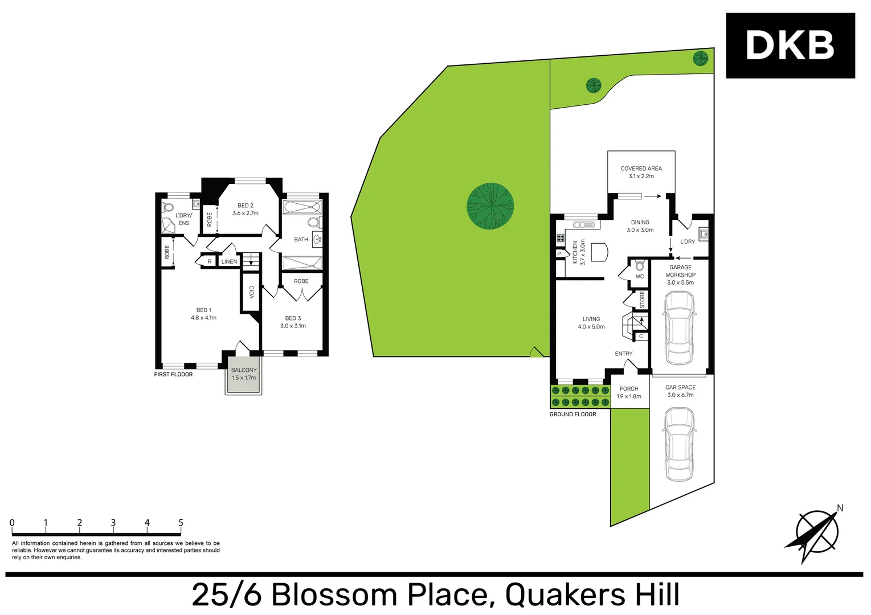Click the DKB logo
point(790,46)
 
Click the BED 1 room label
point(203,314)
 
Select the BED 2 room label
point(246,209)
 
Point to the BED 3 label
point(293,322)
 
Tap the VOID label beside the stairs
point(252,292)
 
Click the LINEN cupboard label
point(229,262)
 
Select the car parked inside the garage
point(679,328)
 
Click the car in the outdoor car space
point(680,444)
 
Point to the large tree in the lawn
point(490,206)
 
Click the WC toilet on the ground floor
point(640,266)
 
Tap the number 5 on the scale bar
point(181,523)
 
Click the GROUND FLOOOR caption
point(573,415)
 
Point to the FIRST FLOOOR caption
point(173,375)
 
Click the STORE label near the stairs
point(642,300)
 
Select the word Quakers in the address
point(565,595)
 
